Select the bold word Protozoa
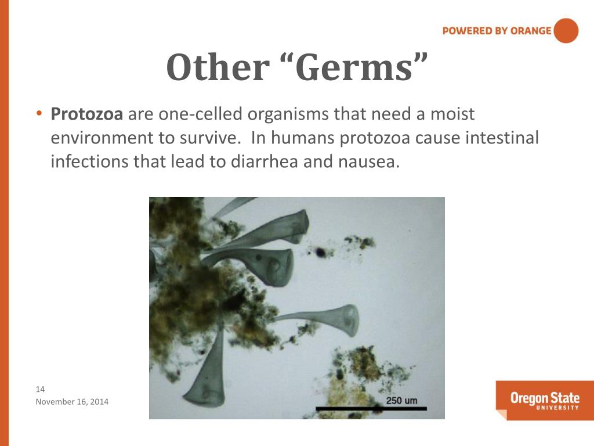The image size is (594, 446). click(x=87, y=114)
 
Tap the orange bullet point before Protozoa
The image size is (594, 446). click(x=39, y=114)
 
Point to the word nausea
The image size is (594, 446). click(x=369, y=161)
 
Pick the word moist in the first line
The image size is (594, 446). click(x=452, y=114)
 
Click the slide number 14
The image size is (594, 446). click(x=41, y=389)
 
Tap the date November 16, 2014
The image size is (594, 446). click(x=72, y=402)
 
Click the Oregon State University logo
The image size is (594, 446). click(x=544, y=400)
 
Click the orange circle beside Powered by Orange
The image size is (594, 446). click(x=566, y=31)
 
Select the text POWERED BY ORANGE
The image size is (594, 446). click(x=497, y=31)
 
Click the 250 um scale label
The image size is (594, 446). click(x=401, y=401)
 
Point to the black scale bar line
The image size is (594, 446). click(x=371, y=409)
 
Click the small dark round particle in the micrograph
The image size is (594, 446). click(x=320, y=252)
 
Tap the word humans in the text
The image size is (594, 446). click(x=302, y=138)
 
